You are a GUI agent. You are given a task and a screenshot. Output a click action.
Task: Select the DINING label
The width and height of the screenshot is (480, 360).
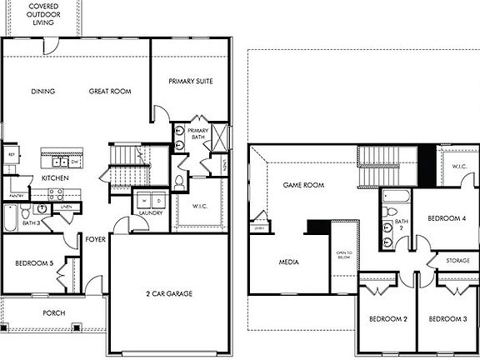(42, 91)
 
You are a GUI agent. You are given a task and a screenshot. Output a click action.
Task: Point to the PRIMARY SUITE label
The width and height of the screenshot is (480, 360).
(191, 82)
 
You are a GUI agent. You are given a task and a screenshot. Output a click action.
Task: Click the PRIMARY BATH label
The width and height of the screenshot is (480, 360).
(197, 136)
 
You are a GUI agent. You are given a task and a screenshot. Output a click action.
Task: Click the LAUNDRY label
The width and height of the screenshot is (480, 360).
(150, 212)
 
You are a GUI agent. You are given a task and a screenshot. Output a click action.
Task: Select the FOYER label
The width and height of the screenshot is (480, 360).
(95, 240)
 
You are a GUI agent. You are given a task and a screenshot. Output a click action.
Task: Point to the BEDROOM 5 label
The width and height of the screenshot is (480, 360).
(34, 264)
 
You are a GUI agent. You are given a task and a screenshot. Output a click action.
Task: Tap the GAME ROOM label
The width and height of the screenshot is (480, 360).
(302, 185)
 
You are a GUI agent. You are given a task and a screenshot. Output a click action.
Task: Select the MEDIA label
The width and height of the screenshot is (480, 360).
(289, 262)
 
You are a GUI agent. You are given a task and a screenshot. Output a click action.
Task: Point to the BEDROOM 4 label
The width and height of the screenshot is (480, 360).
(446, 218)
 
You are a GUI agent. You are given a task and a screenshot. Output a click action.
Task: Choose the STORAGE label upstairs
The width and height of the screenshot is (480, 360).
(457, 261)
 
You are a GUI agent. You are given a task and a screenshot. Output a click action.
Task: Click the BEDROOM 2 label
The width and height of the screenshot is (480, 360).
(387, 319)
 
